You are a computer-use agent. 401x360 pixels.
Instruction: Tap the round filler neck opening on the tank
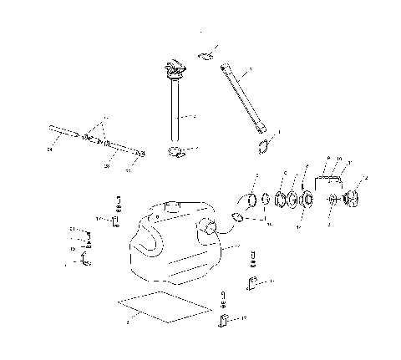tap(206, 226)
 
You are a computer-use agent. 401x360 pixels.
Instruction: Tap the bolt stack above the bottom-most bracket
tap(223, 299)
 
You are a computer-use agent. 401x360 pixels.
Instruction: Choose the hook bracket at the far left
tap(84, 262)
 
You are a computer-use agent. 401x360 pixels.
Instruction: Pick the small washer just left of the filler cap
tap(333, 200)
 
